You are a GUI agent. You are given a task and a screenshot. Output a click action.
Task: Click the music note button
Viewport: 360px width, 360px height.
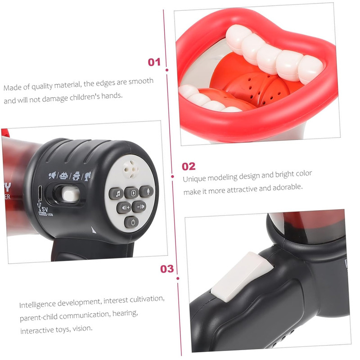pyautogui.click(x=116, y=193)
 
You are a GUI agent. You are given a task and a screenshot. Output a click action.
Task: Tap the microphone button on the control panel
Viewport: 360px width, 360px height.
pyautogui.click(x=147, y=191)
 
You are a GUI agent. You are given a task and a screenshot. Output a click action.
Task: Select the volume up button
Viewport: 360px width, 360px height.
pyautogui.click(x=124, y=207)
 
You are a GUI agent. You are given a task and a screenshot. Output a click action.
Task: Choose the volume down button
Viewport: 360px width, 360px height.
pyautogui.click(x=139, y=207)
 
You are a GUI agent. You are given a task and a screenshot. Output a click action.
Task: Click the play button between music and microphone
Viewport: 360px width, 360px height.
pyautogui.click(x=131, y=193)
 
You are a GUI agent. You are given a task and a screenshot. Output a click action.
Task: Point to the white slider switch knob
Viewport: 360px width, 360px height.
pyautogui.click(x=71, y=194)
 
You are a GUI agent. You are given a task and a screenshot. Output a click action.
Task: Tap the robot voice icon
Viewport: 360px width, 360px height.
pyautogui.click(x=63, y=176)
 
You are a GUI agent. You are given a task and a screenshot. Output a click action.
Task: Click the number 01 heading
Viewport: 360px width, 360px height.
pyautogui.click(x=154, y=62)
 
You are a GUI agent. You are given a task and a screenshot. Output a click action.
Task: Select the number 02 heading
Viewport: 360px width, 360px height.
pyautogui.click(x=189, y=166)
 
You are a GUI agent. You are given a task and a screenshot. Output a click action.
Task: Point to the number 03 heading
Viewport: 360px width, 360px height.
pyautogui.click(x=167, y=269)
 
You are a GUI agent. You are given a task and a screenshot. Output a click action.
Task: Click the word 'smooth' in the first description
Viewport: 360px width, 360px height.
pyautogui.click(x=141, y=81)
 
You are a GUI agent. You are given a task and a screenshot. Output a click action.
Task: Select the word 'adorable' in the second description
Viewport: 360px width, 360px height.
pyautogui.click(x=288, y=187)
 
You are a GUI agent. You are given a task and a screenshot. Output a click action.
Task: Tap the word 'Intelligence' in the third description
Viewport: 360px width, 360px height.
pyautogui.click(x=37, y=305)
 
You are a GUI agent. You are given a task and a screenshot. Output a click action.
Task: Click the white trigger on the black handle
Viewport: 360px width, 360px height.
pyautogui.click(x=242, y=277)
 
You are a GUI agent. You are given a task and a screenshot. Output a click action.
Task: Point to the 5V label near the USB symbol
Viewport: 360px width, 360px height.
pyautogui.click(x=44, y=209)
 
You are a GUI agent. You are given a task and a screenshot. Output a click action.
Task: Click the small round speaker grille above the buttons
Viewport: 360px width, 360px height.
pyautogui.click(x=130, y=170)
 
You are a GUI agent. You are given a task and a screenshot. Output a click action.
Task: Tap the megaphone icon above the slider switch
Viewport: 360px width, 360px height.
pyautogui.click(x=52, y=175)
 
